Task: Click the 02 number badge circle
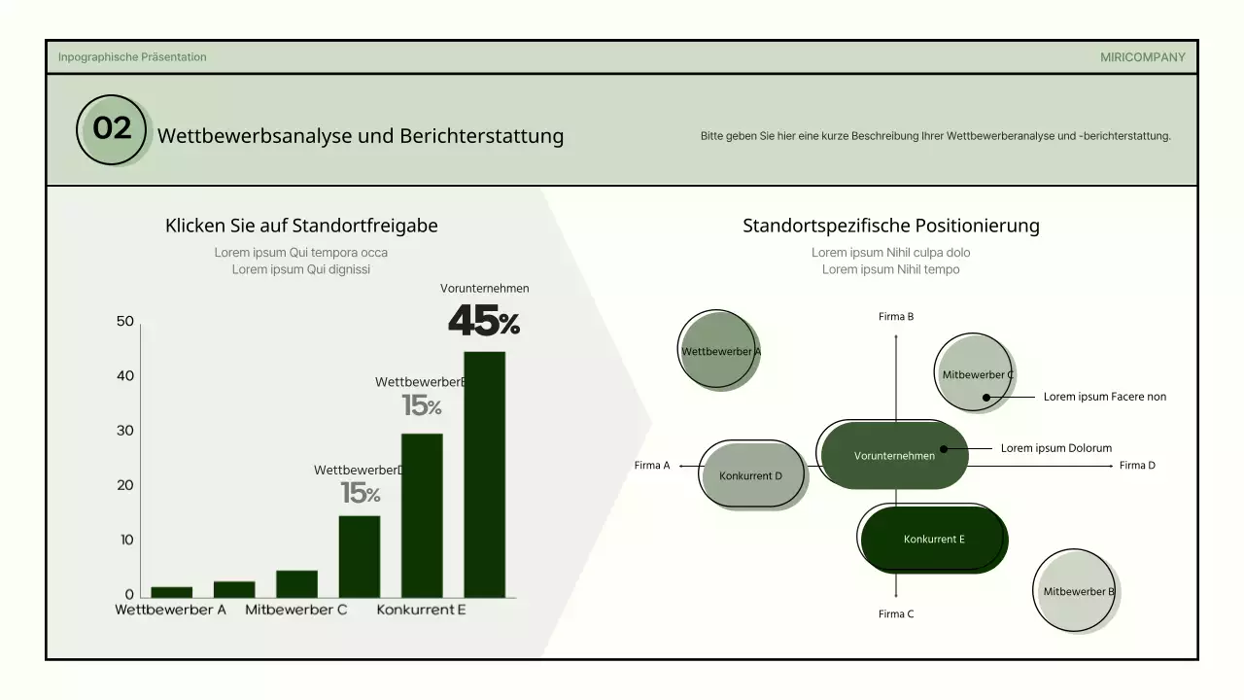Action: [x=112, y=129]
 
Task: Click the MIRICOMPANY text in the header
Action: [x=1142, y=57]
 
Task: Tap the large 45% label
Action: [x=483, y=321]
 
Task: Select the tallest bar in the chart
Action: [x=484, y=474]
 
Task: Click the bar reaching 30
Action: [x=422, y=515]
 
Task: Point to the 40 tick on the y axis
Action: [x=125, y=376]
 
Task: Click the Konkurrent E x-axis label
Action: [x=421, y=610]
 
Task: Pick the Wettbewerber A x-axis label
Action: [x=170, y=610]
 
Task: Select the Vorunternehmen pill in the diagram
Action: [x=894, y=455]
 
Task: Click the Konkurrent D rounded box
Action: [x=751, y=475]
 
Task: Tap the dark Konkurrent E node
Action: [x=933, y=539]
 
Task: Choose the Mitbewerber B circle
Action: [x=1077, y=591]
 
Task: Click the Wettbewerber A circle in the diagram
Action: [x=719, y=351]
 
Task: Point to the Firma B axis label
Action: [x=895, y=317]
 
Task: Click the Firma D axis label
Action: [x=1137, y=466]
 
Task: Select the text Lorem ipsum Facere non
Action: [x=1104, y=397]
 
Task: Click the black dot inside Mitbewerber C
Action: [x=985, y=397]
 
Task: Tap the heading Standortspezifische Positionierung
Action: [x=890, y=226]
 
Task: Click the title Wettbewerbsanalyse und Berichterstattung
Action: [x=361, y=135]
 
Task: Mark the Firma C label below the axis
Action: [x=895, y=614]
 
